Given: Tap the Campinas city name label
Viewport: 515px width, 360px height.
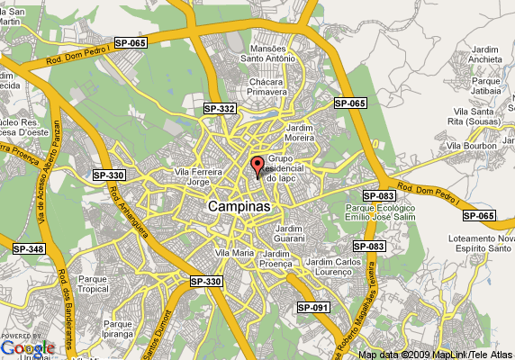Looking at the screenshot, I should [239, 206].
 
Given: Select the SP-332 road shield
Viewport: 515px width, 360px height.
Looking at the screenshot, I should [219, 109].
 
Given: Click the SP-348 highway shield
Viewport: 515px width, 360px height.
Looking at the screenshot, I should [28, 248].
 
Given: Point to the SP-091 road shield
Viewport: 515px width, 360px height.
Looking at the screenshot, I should [313, 308].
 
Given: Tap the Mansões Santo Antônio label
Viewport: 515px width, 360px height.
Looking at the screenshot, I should [267, 54].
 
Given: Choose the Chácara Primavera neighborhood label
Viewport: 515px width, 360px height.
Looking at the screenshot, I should [267, 86].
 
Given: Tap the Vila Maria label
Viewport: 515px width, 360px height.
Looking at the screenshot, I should [235, 253].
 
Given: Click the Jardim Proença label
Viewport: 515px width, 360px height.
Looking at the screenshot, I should [280, 259].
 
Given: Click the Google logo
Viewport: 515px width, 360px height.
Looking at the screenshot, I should [27, 347].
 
